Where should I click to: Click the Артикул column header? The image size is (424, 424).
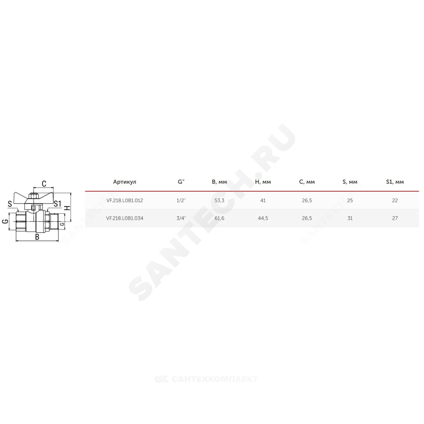pos(124,182)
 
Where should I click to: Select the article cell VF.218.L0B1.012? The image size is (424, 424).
pos(124,201)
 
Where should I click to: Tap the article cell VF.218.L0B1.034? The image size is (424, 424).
pos(125,218)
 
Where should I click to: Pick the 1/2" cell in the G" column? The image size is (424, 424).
pos(181,201)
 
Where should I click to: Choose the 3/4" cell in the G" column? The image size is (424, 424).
pos(181,218)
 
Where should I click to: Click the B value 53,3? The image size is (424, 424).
pos(219,201)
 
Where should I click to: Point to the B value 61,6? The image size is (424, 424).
pos(219,218)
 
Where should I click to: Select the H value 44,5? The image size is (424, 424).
pos(263,218)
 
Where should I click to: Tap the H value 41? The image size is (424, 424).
pos(263,201)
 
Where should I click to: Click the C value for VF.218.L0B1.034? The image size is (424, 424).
pos(307,218)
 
